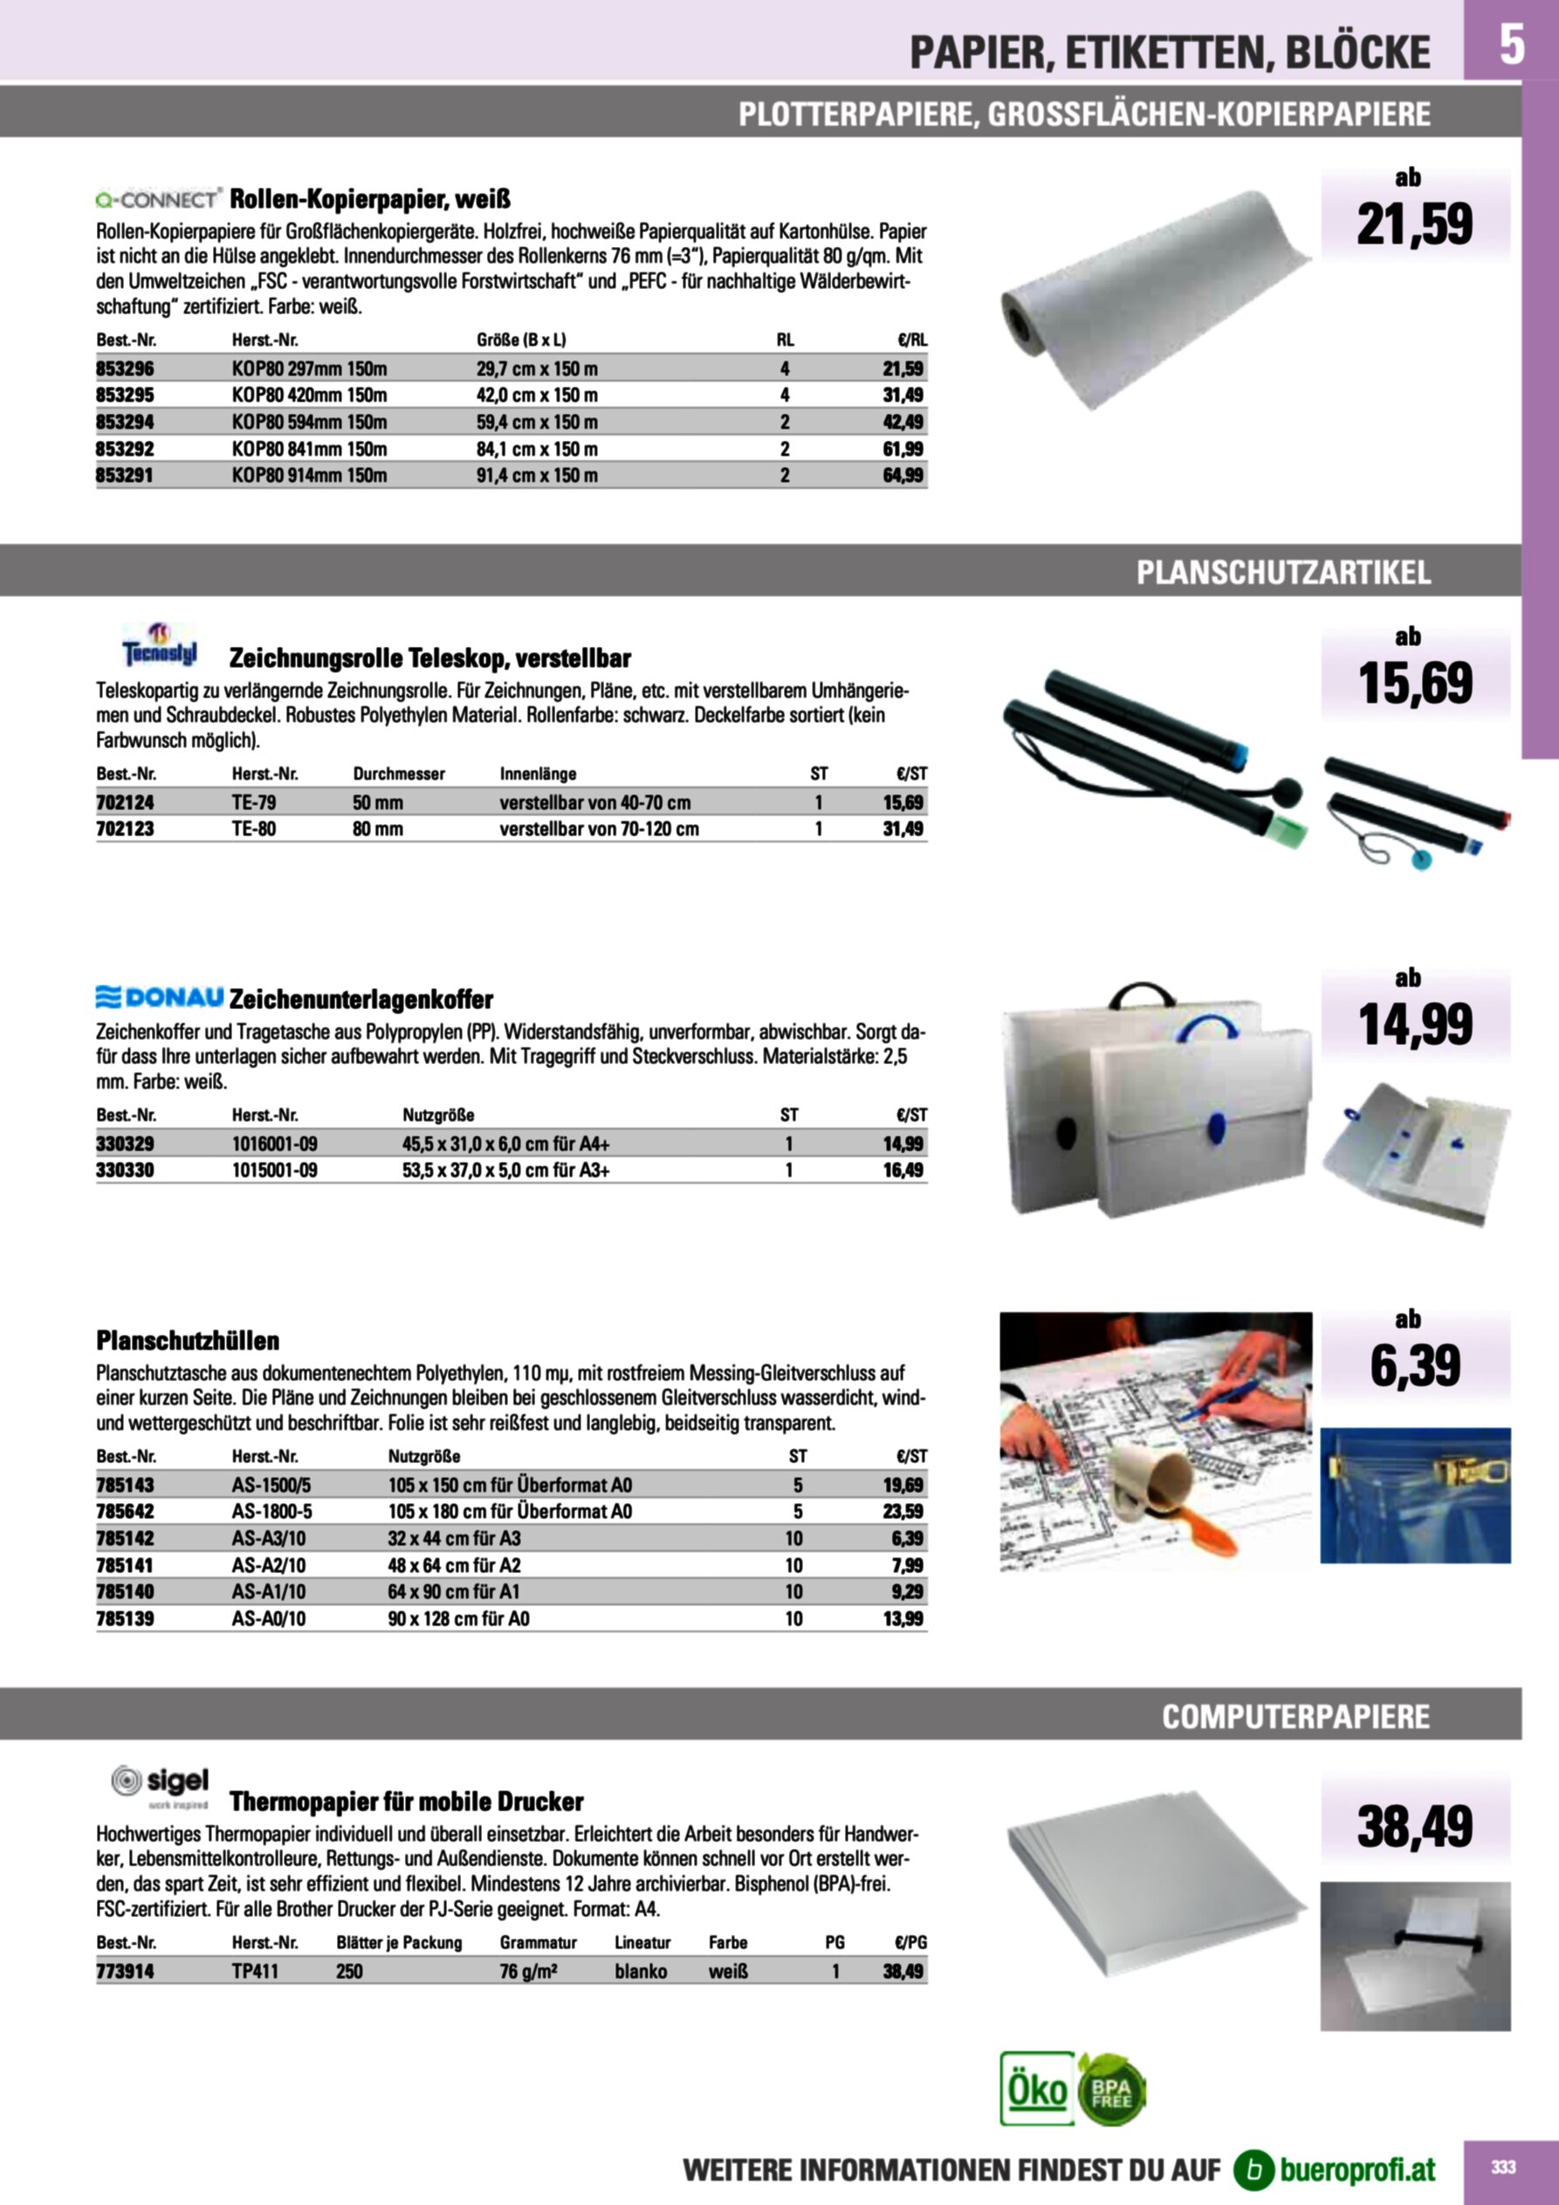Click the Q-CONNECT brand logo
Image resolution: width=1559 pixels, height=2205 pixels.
[159, 199]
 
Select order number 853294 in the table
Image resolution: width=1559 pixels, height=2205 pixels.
[125, 422]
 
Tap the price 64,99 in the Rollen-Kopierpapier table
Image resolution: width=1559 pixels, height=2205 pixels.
[903, 476]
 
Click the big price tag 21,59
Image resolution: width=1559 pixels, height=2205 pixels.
[1414, 224]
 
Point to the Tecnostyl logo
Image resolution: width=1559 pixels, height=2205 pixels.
[160, 646]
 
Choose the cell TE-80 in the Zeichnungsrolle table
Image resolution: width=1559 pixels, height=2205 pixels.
[254, 828]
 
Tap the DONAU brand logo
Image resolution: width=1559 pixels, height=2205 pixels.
[160, 998]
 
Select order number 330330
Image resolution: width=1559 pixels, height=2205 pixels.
[125, 1170]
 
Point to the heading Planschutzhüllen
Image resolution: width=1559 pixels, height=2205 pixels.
[188, 1340]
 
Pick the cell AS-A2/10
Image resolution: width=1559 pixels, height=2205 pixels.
[269, 1564]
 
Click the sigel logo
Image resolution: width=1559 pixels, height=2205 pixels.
[160, 1783]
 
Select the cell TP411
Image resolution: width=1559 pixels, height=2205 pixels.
[254, 1971]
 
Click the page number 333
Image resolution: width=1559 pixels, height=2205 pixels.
[1503, 2166]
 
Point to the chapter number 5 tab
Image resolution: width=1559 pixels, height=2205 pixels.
[1511, 45]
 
